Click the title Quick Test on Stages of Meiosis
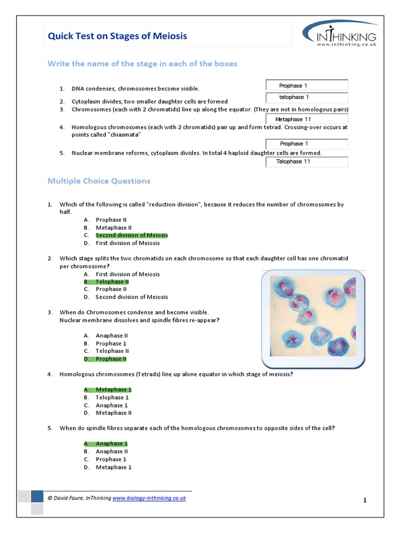[x=117, y=36]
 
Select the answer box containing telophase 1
[x=306, y=97]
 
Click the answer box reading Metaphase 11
[x=306, y=119]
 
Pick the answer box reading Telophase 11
[x=306, y=161]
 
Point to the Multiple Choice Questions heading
[x=99, y=181]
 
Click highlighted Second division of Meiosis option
[x=131, y=235]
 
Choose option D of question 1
[x=128, y=243]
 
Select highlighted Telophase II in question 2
[x=112, y=282]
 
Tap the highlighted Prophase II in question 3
[x=111, y=359]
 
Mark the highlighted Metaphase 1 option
[x=113, y=389]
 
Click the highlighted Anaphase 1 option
[x=111, y=443]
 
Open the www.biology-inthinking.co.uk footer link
[x=149, y=498]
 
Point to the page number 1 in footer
[x=365, y=500]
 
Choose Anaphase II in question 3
[x=111, y=336]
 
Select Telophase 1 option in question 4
[x=112, y=398]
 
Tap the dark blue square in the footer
[x=37, y=497]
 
